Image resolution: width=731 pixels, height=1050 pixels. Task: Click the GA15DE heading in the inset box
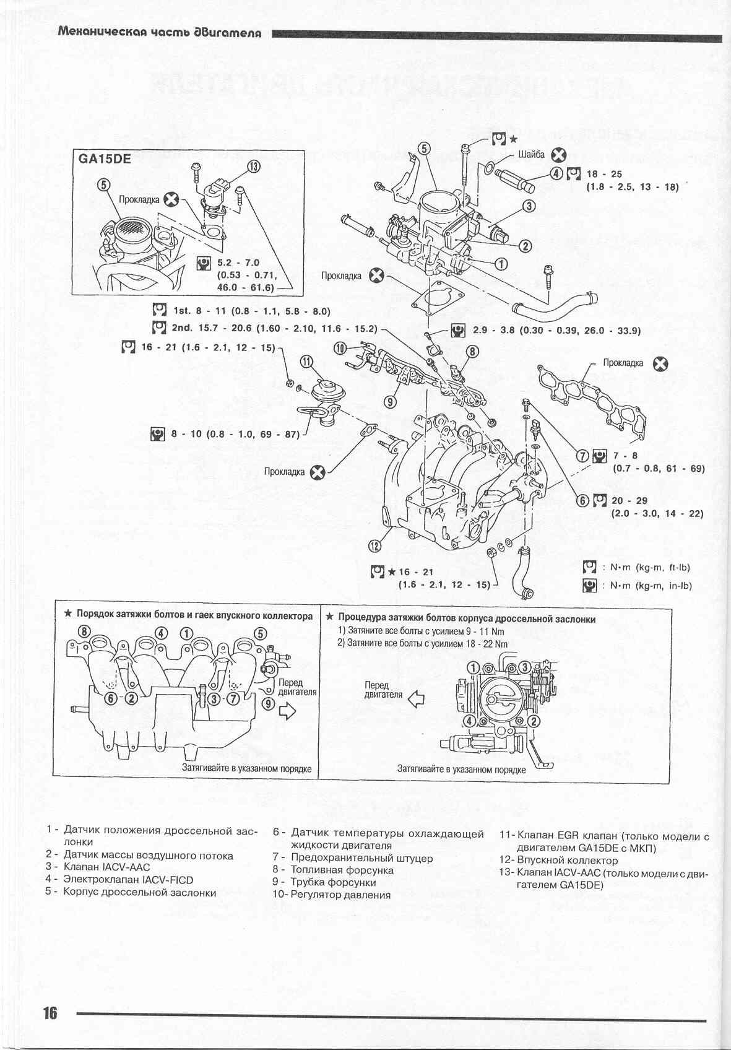[x=105, y=158]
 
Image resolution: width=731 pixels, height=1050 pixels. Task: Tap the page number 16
[x=50, y=1012]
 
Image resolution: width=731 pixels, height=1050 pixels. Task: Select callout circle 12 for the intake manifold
[x=374, y=545]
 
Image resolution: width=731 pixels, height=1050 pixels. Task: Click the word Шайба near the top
[x=531, y=155]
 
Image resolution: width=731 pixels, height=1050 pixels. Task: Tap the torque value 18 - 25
[x=603, y=174]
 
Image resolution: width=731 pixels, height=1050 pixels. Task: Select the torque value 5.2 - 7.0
[x=238, y=262]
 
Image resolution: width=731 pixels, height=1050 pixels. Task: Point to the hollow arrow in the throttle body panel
[x=418, y=699]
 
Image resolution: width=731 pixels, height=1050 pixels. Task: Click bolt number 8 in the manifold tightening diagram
[x=85, y=632]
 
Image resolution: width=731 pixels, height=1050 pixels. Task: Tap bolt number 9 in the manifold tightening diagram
[x=267, y=703]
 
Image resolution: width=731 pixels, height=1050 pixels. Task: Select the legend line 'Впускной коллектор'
[x=567, y=860]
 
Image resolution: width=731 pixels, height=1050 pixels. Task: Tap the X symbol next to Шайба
[x=559, y=155]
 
